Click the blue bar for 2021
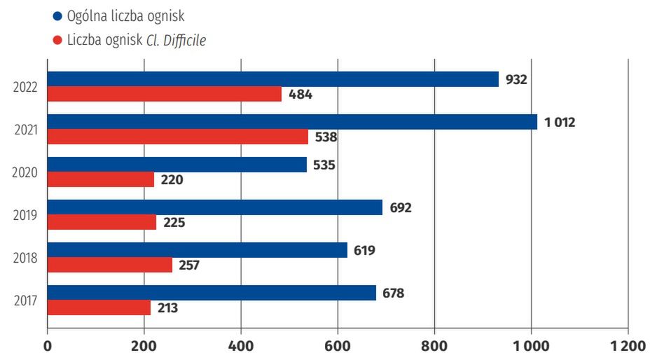[x=292, y=122]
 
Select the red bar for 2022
[x=165, y=94]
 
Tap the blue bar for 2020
[x=177, y=165]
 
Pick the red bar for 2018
[x=110, y=265]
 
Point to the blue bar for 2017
[x=212, y=293]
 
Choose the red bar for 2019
[x=102, y=222]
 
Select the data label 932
[x=516, y=79]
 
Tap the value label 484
[x=300, y=95]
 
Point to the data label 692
[x=401, y=207]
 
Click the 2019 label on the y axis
[x=25, y=215]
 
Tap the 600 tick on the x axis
[x=338, y=345]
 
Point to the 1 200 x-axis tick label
[x=628, y=345]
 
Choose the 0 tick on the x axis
[x=48, y=345]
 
